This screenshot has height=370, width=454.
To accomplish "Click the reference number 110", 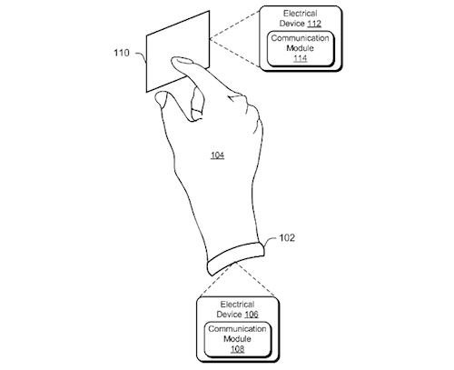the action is pos(122,53).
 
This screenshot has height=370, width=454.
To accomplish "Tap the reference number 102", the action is pos(287,238).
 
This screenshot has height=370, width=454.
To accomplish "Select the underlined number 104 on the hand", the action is pos(217,155).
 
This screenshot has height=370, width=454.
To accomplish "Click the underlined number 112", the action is pos(314,24).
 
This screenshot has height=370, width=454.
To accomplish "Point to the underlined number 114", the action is pos(301,58).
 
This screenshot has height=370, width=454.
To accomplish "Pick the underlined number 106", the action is pos(252,315).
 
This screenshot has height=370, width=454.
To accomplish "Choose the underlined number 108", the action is pos(237,349).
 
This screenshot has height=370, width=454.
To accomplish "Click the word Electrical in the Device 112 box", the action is pos(301,14).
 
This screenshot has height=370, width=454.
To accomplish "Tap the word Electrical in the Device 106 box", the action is pos(237,305).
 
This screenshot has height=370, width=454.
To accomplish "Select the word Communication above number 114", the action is pos(300,38).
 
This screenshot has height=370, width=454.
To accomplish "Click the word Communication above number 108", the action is pos(237,329).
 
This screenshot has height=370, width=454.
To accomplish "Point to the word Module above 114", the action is pos(300,48).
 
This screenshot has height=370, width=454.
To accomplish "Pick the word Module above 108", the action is pos(237,339).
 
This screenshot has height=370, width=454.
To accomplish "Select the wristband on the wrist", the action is pos(235,258).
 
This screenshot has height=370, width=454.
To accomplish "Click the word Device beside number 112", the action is pos(291,24).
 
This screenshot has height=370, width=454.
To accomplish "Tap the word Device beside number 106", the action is pos(229,315).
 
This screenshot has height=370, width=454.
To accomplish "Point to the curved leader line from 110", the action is pos(142,55).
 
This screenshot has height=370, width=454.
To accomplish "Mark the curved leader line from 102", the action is pos(271,240).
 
